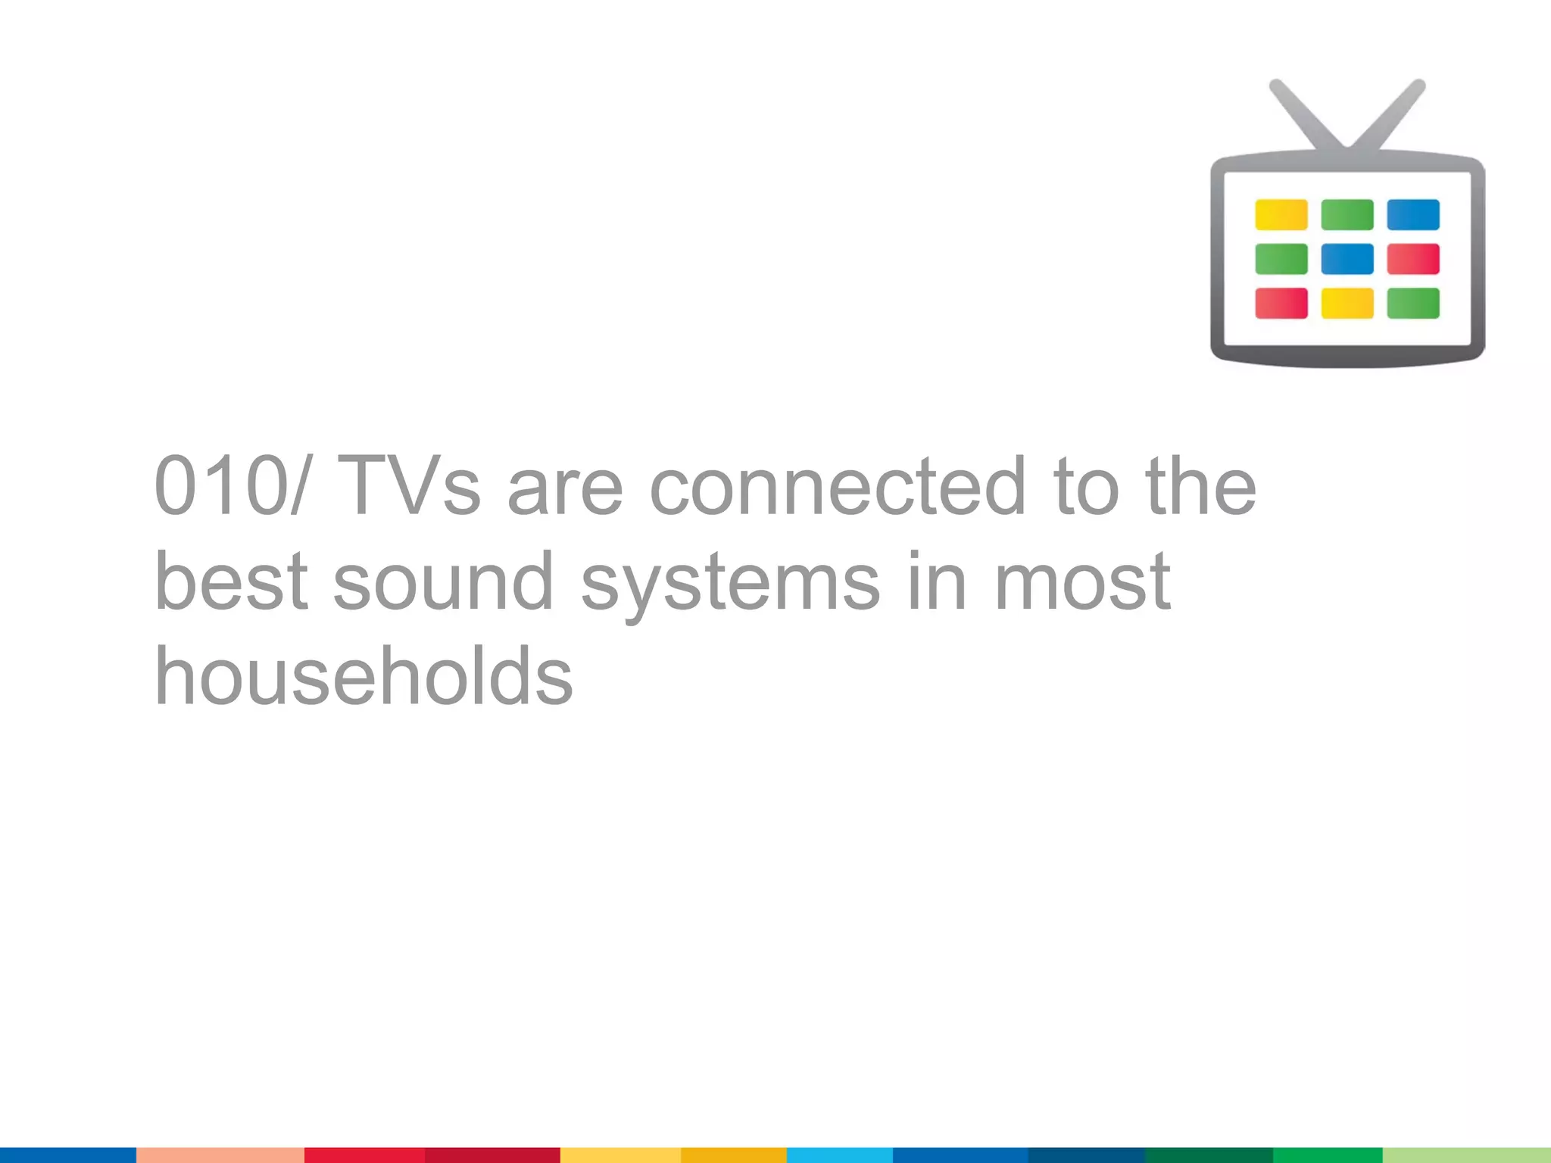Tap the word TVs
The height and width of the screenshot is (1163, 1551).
(x=409, y=485)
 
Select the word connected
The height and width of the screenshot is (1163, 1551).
(x=838, y=485)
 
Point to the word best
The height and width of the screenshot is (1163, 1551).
(x=231, y=581)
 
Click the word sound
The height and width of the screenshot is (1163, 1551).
(x=443, y=581)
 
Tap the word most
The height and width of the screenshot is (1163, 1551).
(x=1082, y=581)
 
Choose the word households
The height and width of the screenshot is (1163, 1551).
(x=364, y=675)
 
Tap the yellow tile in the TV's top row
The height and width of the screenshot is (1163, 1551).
(x=1281, y=214)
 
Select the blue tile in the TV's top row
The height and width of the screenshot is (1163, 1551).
(x=1413, y=214)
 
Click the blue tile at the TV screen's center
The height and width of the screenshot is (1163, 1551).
(x=1347, y=259)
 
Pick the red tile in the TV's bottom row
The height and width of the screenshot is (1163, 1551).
(x=1281, y=303)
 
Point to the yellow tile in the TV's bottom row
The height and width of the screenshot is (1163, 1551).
(x=1347, y=303)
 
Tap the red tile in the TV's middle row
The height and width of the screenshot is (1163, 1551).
(x=1413, y=259)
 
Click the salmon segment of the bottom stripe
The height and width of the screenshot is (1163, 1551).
(x=220, y=1155)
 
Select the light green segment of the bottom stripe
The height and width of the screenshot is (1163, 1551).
(x=1466, y=1155)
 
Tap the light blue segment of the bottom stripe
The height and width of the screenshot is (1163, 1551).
(x=839, y=1155)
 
